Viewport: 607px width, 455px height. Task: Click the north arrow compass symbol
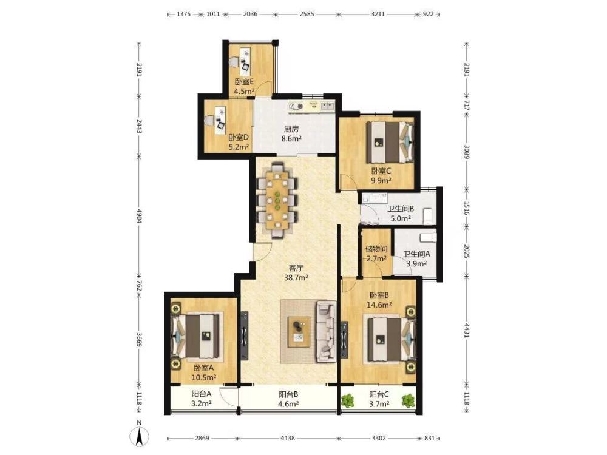point(140,433)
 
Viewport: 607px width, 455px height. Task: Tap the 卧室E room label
point(244,82)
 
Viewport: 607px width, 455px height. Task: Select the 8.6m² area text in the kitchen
point(291,138)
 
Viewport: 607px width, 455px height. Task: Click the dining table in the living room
point(277,200)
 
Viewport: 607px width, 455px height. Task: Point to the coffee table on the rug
point(299,332)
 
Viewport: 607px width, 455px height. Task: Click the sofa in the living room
point(326,332)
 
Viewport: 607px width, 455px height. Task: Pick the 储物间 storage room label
point(376,249)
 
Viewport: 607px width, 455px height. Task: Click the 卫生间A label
point(416,254)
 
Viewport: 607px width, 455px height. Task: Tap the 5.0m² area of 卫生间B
point(401,218)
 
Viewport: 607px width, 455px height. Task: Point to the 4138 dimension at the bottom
point(287,439)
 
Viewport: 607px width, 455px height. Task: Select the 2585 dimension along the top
point(307,15)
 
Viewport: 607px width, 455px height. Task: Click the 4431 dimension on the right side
point(466,330)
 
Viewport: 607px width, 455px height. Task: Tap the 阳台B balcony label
point(288,395)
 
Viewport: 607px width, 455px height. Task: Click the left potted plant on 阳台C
point(348,400)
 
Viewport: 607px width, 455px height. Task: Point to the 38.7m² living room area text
point(296,277)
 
